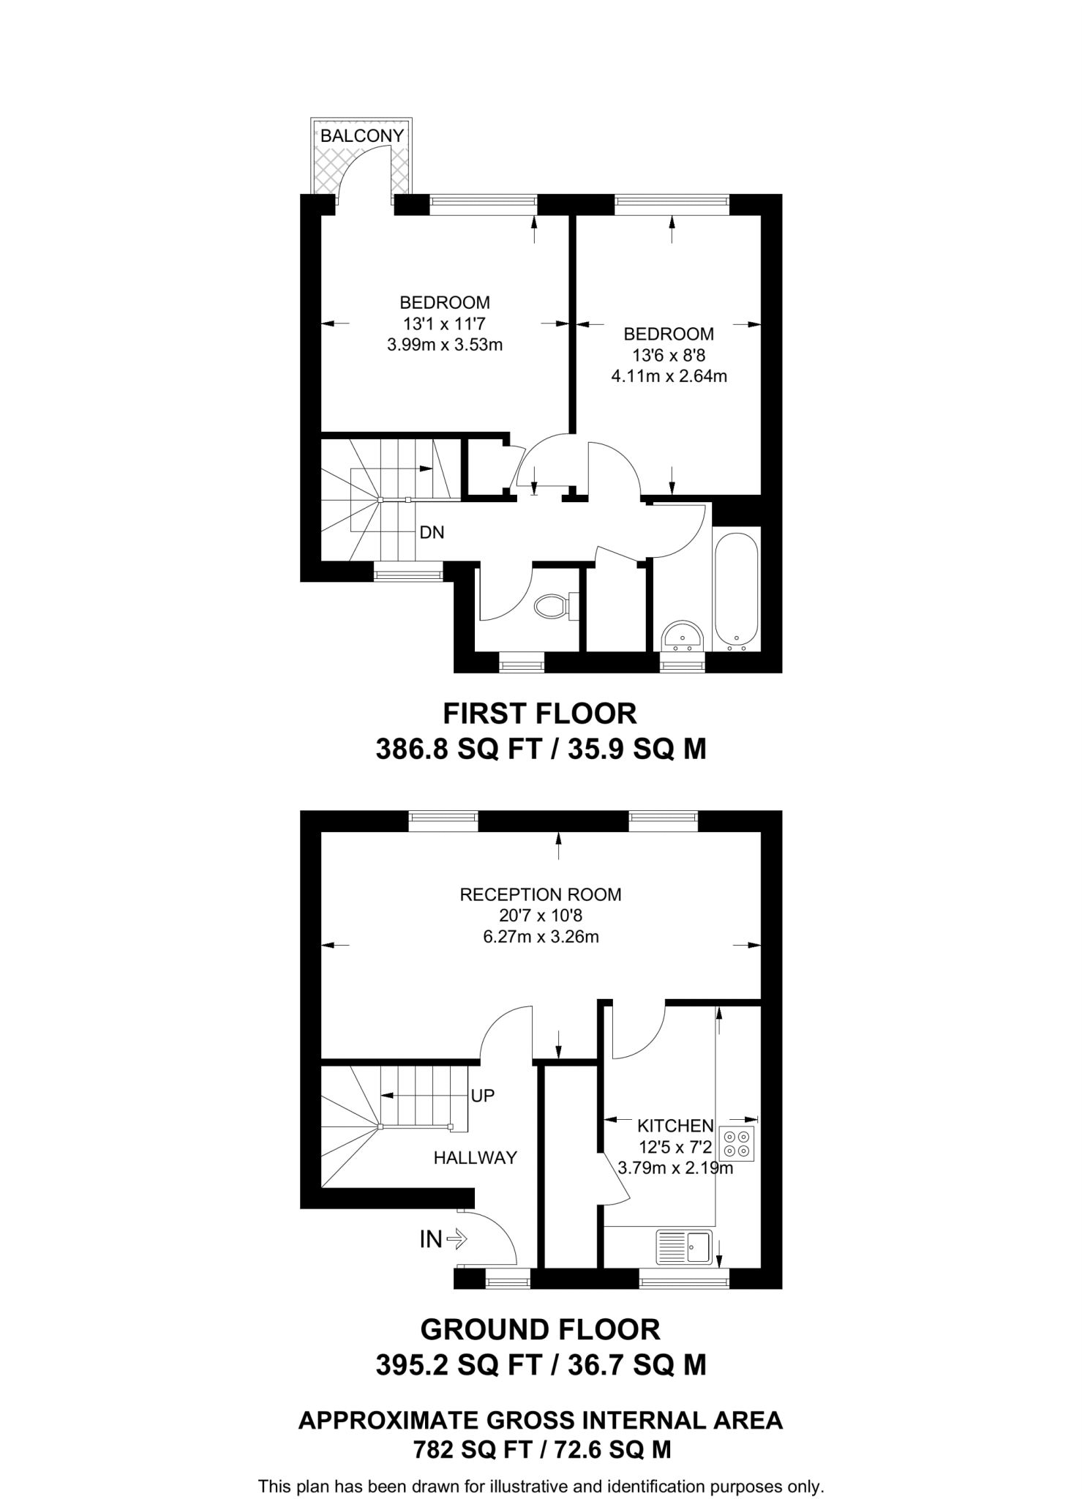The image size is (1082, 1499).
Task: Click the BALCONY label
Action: [x=362, y=135]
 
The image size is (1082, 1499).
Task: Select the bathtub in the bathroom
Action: [x=737, y=591]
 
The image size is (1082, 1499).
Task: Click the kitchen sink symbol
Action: [x=685, y=1246]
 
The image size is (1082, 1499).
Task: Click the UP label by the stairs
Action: [x=483, y=1096]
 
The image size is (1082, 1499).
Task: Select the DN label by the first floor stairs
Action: [x=432, y=532]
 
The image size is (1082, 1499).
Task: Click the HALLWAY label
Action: [x=476, y=1157]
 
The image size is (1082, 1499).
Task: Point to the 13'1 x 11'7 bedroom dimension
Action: [x=445, y=323]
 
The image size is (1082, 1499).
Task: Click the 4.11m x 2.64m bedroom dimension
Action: [x=669, y=377]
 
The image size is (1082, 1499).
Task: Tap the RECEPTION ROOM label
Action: [x=541, y=894]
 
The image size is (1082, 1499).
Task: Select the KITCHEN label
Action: [x=675, y=1126]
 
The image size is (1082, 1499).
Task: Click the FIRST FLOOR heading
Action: [x=540, y=713]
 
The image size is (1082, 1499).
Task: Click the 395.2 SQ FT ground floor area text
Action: [x=459, y=1364]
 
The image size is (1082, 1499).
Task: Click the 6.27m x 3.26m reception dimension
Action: [x=541, y=937]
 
